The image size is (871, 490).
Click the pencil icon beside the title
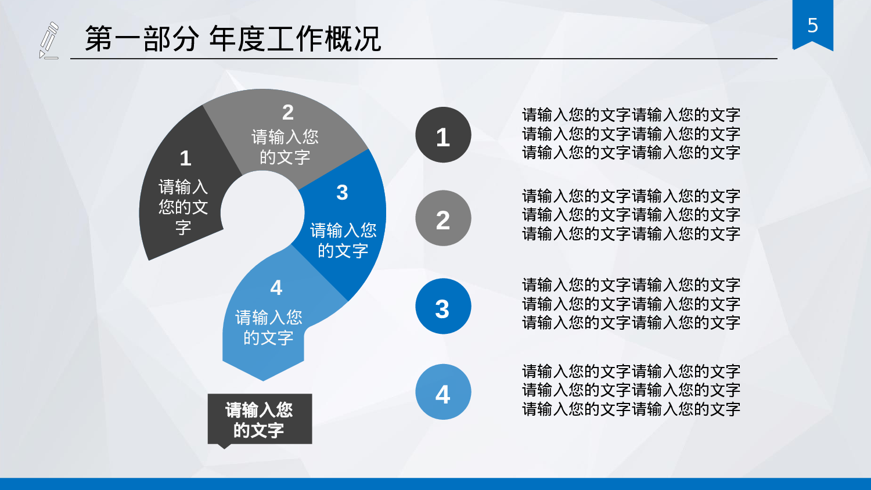click(49, 40)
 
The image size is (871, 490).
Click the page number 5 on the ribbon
click(812, 26)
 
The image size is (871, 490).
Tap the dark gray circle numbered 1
click(443, 135)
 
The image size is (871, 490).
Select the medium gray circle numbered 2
click(443, 218)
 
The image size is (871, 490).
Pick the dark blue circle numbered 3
click(443, 307)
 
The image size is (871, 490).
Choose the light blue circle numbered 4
click(443, 392)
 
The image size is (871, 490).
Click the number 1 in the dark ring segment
click(185, 158)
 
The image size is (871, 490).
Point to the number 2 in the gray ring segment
click(288, 112)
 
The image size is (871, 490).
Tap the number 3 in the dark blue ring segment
click(342, 193)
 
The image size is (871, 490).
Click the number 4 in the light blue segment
click(276, 288)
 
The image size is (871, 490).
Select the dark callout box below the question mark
click(260, 419)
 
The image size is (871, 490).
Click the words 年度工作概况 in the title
click(295, 39)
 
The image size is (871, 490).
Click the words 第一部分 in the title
click(142, 39)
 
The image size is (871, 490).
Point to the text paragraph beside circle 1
click(631, 134)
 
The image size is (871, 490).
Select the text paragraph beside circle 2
click(631, 215)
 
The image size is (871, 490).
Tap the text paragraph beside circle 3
click(631, 304)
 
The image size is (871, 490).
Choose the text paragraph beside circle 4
click(631, 390)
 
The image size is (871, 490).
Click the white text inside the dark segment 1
click(183, 207)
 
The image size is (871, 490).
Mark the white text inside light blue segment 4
click(269, 327)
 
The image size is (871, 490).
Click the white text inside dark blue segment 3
click(343, 240)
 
